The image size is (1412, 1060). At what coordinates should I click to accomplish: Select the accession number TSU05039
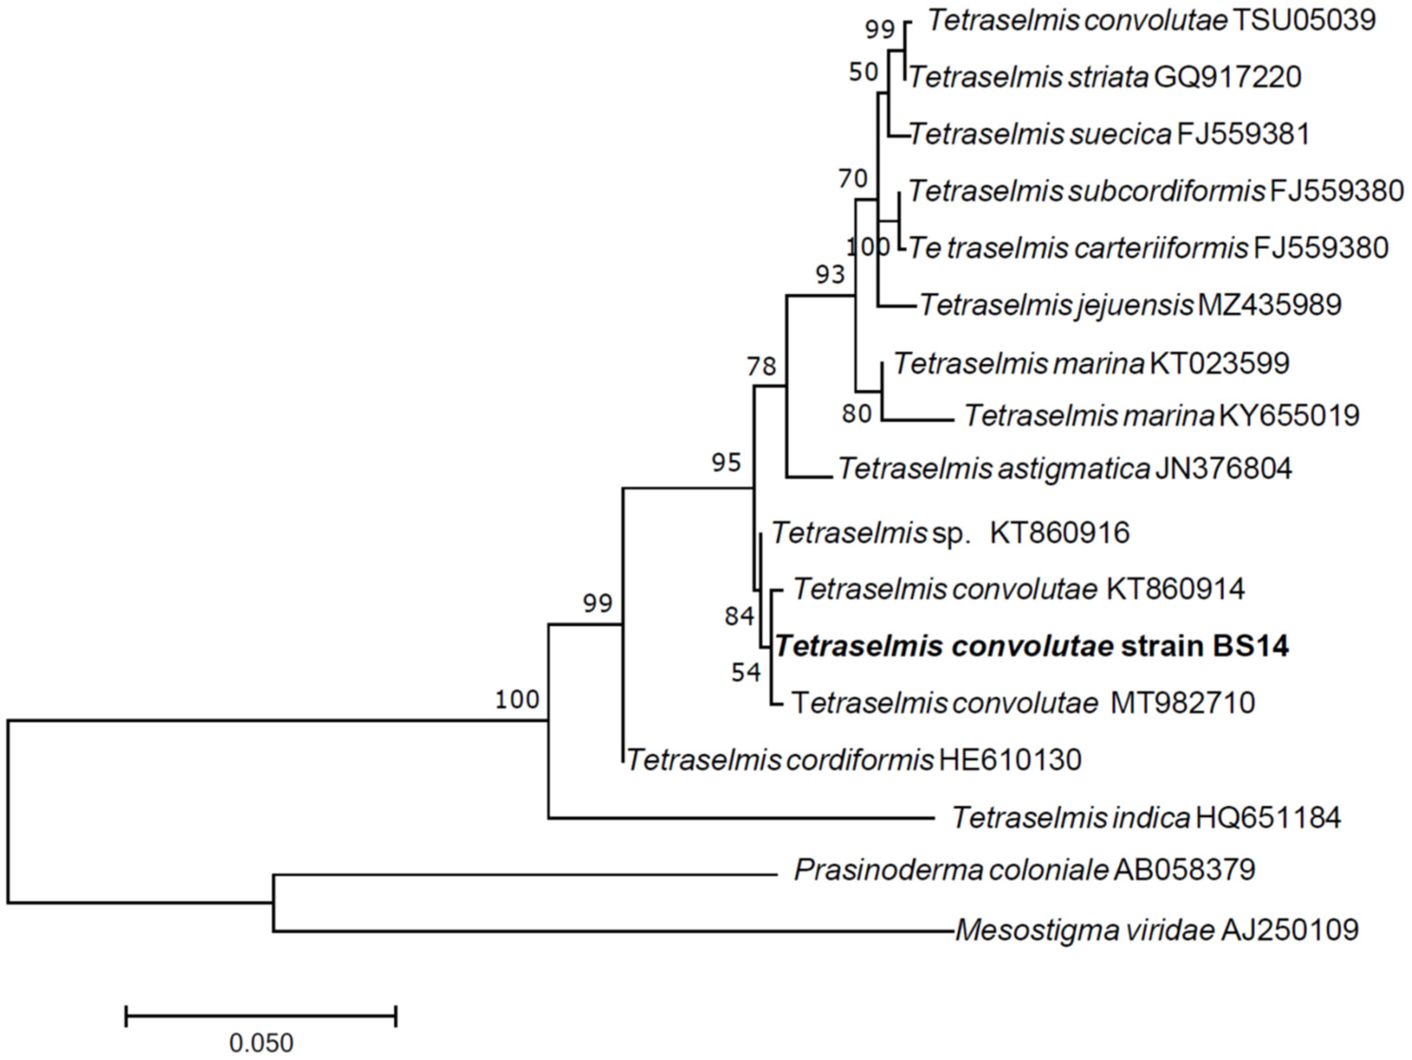(x=1303, y=21)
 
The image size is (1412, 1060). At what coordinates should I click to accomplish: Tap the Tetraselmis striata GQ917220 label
(x=1105, y=77)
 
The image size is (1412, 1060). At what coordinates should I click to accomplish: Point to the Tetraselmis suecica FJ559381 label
(x=1109, y=134)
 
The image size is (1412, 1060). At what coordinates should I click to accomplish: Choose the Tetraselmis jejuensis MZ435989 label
(x=1130, y=305)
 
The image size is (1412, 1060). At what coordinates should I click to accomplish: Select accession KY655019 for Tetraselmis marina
(x=1289, y=416)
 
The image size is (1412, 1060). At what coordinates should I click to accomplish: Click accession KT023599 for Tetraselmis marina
(x=1219, y=363)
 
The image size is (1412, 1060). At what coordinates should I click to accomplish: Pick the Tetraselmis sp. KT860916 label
(x=950, y=533)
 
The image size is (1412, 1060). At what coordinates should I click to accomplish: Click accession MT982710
(x=1183, y=703)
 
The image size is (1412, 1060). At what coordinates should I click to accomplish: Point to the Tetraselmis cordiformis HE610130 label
(x=854, y=760)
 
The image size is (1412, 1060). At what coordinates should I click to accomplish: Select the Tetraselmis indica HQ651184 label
(x=1146, y=817)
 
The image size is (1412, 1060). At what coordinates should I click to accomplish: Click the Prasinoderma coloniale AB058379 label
(x=1024, y=870)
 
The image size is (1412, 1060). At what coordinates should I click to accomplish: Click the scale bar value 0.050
(x=261, y=1043)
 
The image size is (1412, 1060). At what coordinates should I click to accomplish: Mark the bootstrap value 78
(x=762, y=367)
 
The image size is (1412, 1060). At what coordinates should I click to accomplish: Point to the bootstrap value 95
(x=726, y=462)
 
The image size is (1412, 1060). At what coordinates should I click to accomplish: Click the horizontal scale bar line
(x=261, y=1015)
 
